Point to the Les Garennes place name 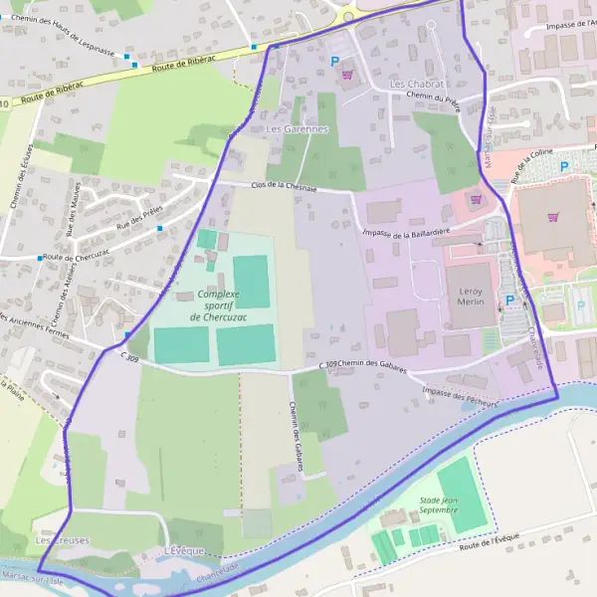(x=297, y=129)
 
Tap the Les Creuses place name (x=62, y=540)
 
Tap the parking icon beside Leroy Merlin (x=510, y=300)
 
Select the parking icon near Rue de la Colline (x=564, y=167)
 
